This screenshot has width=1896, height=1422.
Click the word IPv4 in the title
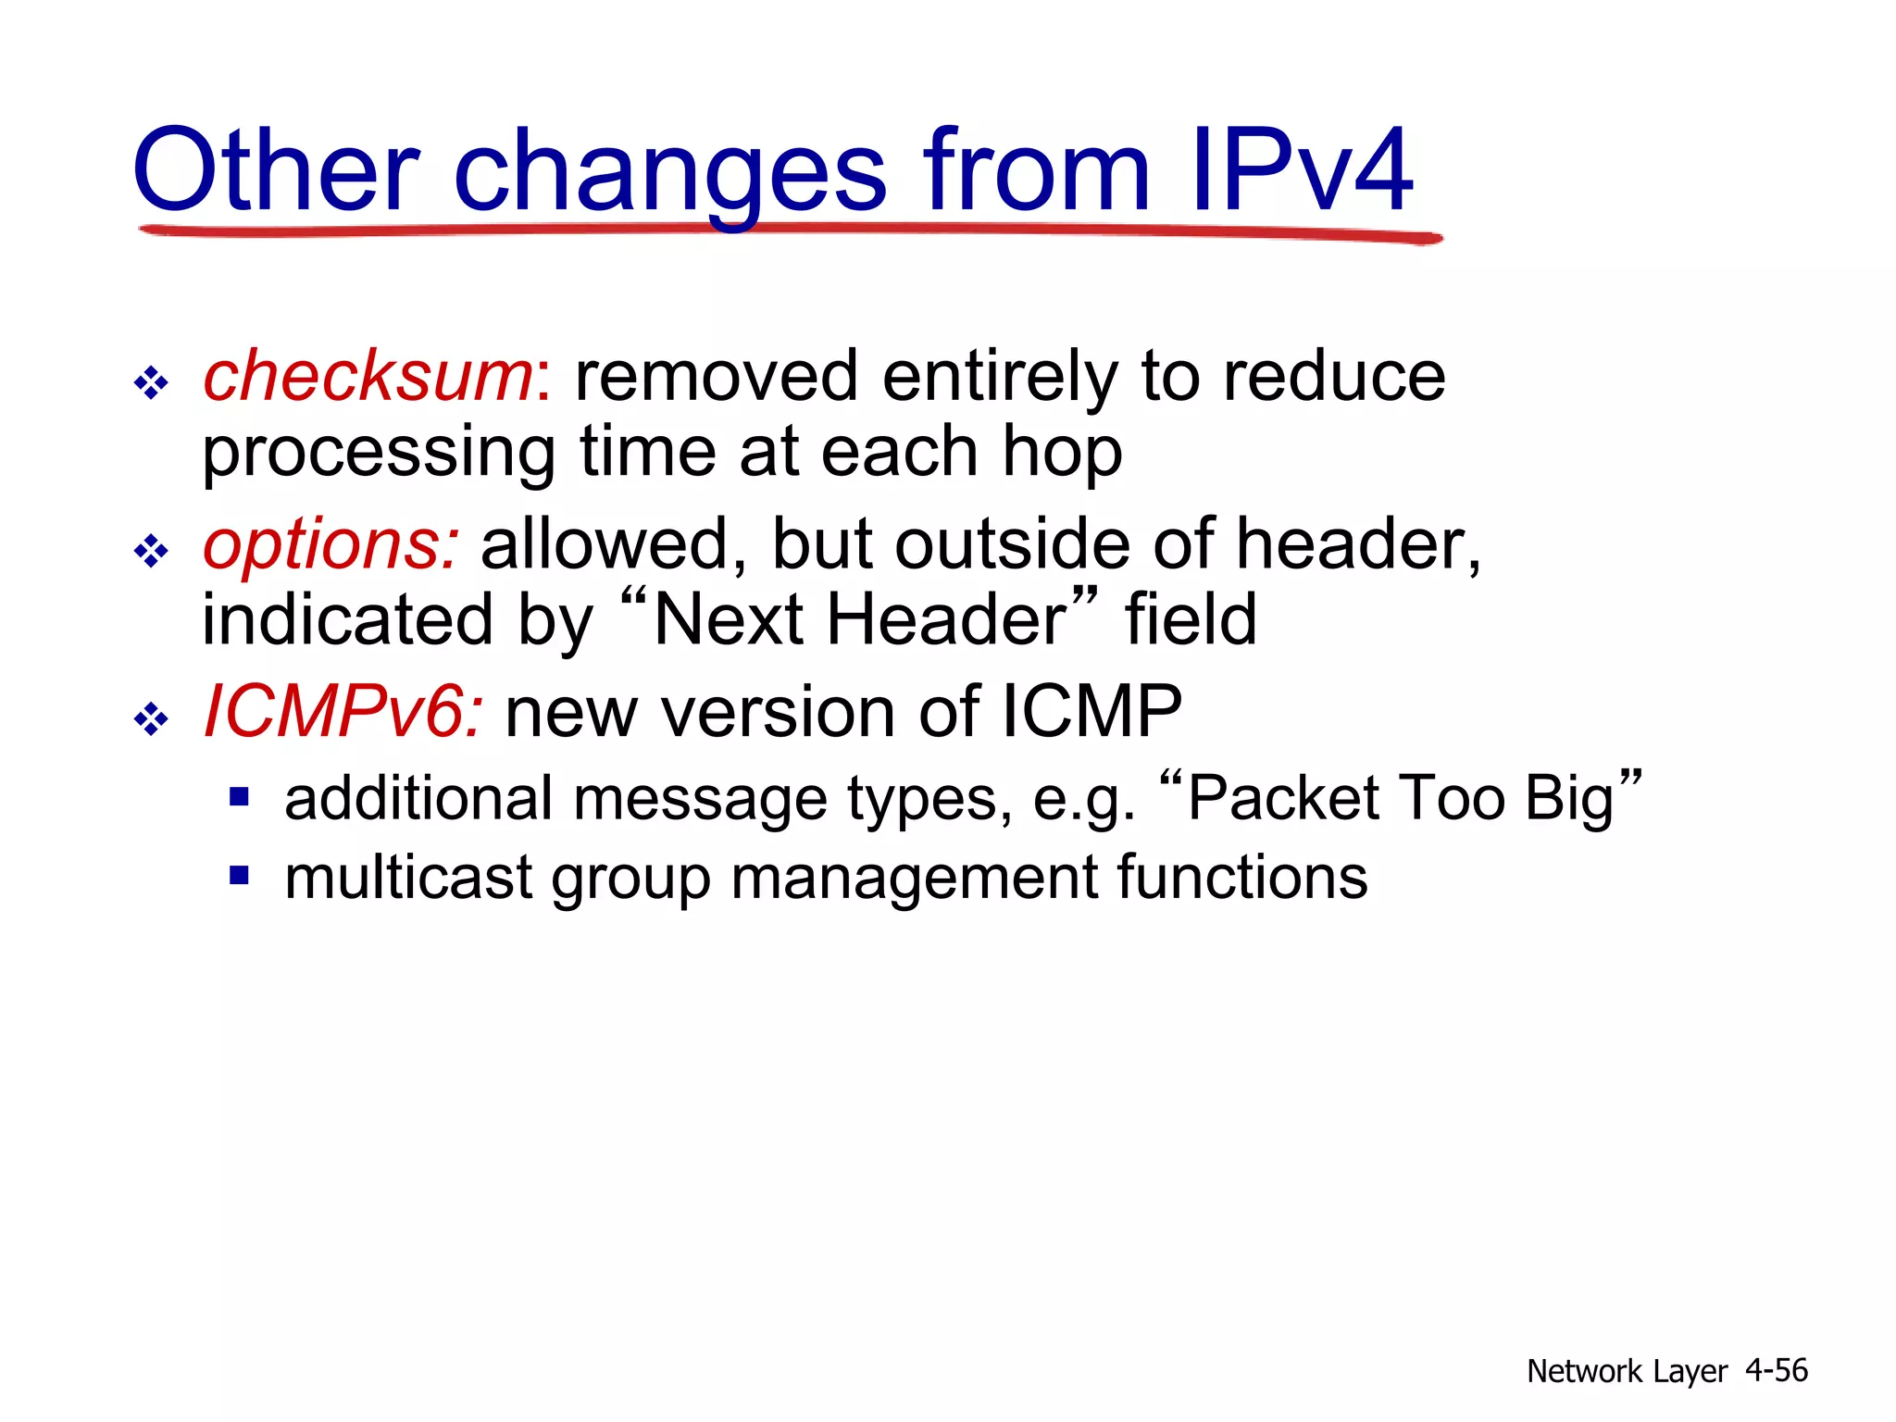tap(1301, 171)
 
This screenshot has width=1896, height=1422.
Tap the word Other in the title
tap(276, 171)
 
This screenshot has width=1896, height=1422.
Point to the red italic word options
tap(329, 545)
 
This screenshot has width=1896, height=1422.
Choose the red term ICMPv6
tap(341, 712)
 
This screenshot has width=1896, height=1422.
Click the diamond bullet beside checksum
tap(151, 382)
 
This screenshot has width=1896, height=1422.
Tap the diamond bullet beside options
tap(151, 552)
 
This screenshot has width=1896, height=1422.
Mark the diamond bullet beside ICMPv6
tap(151, 718)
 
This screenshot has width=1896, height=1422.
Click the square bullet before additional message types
tap(240, 796)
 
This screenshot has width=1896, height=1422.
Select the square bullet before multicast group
tap(240, 875)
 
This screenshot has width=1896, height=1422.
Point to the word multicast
tap(408, 878)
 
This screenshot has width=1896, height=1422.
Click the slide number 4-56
tap(1776, 1370)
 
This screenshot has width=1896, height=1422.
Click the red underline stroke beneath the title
tap(787, 231)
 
